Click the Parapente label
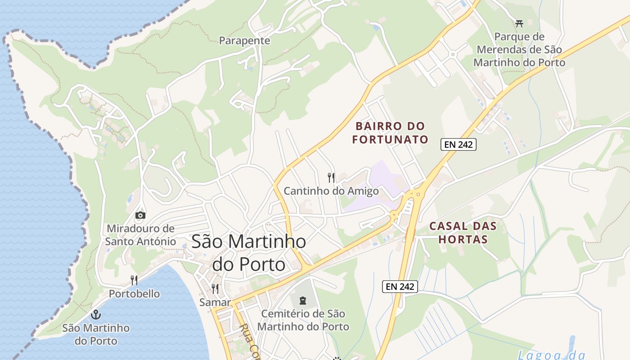pos(244,41)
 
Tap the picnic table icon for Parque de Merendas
pos(519,23)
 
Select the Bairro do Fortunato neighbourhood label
pos(390,133)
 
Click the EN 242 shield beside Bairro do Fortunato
pos(458,144)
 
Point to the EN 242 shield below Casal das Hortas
pos(400,286)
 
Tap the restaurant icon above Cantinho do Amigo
pos(331,177)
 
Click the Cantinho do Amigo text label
pos(331,191)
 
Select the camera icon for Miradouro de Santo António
pos(140,215)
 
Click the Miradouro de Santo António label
pos(140,235)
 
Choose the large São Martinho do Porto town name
pos(249,253)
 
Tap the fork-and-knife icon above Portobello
pos(134,280)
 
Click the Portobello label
pos(134,294)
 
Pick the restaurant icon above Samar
pos(215,288)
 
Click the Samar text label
pos(215,302)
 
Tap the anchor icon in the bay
pos(95,314)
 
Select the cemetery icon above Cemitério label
pos(303,300)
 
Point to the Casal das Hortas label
pos(463,233)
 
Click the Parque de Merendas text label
pos(519,49)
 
